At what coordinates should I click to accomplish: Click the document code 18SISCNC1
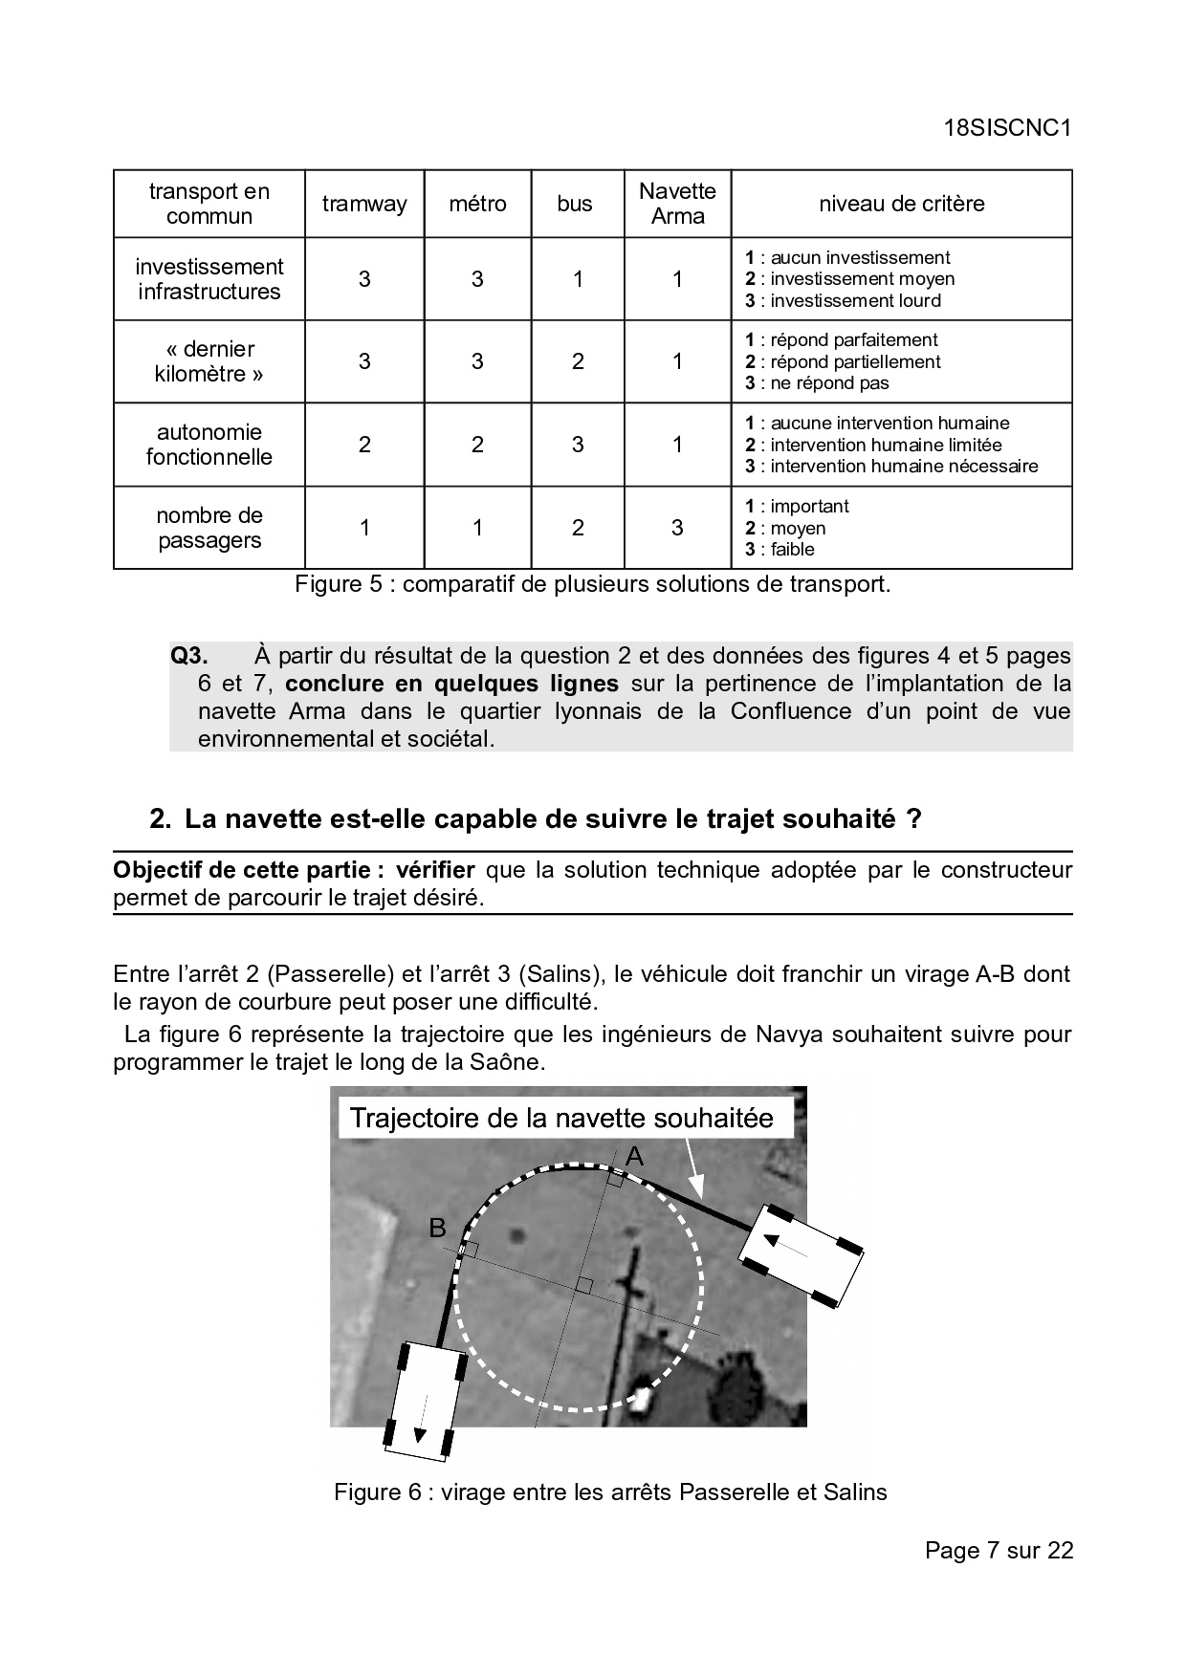click(x=1005, y=129)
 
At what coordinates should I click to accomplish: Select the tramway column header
click(x=364, y=204)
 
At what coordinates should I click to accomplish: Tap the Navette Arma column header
click(x=677, y=204)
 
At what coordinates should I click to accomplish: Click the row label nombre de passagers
click(x=209, y=528)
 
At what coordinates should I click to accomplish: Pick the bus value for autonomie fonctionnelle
click(x=578, y=445)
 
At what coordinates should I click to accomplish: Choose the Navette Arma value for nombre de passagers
click(x=677, y=528)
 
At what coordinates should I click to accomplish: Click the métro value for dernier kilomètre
click(x=477, y=361)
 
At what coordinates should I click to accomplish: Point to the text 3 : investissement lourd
click(x=843, y=301)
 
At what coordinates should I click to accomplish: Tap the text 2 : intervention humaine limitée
click(x=873, y=445)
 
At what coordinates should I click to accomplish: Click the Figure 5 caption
click(x=592, y=584)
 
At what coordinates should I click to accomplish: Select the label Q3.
click(x=189, y=656)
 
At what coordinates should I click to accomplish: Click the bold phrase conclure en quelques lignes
click(x=451, y=684)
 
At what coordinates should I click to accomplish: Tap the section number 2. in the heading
click(x=161, y=819)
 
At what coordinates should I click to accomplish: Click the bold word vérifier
click(x=435, y=870)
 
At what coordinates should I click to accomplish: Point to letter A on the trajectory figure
click(x=634, y=1158)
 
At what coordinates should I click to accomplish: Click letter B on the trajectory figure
click(x=437, y=1228)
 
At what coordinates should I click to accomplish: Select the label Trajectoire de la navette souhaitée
click(x=561, y=1118)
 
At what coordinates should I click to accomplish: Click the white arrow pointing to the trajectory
click(x=691, y=1168)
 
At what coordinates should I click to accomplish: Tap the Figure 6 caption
click(x=610, y=1492)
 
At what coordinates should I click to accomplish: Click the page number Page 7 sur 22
click(x=999, y=1550)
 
